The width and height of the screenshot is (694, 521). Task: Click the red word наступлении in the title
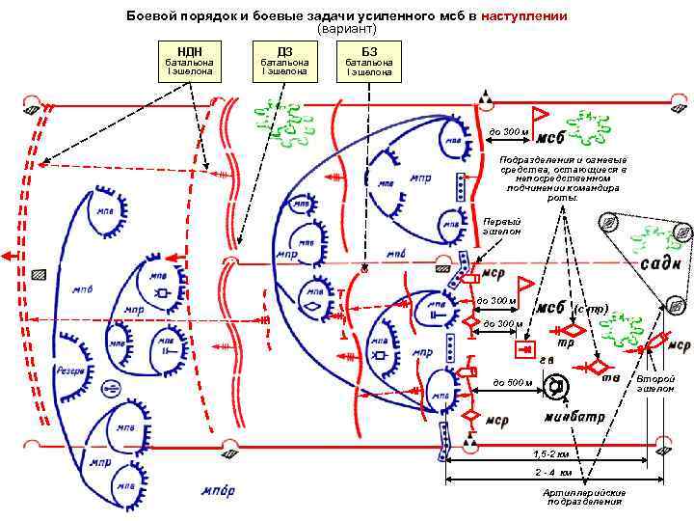[x=524, y=17]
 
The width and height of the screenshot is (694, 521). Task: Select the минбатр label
[x=574, y=417]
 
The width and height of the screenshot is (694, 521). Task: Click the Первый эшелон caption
[x=501, y=227]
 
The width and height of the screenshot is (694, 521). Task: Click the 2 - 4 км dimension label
[x=553, y=473]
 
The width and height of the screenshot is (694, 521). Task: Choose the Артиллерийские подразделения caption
[x=585, y=497]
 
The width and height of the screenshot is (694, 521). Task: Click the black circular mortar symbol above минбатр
[x=555, y=387]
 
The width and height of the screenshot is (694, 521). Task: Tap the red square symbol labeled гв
[x=526, y=348]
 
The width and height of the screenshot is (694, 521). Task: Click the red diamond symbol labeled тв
[x=597, y=367]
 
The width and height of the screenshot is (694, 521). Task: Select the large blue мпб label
[x=82, y=290]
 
